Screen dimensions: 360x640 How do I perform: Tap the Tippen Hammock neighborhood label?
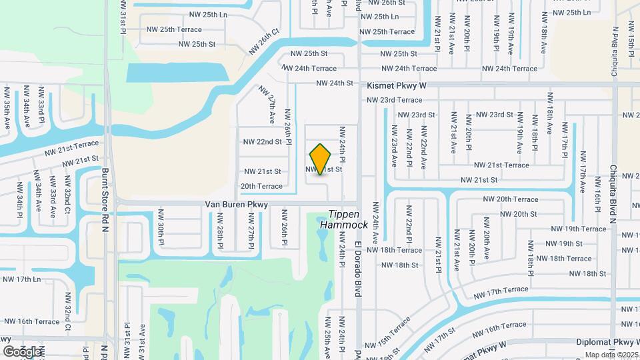344,220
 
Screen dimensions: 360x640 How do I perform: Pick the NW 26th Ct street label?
265,41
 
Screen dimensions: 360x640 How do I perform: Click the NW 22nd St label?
263,141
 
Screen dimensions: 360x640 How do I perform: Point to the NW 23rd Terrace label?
394,100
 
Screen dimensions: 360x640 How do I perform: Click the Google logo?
22,351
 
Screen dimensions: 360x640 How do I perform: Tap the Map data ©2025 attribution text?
611,355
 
